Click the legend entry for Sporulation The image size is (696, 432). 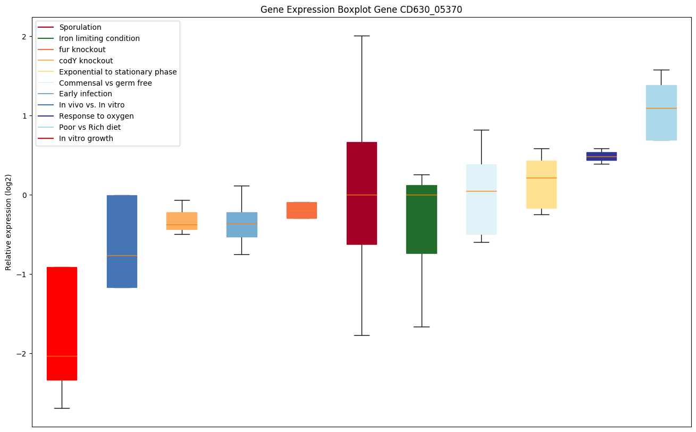tap(80, 27)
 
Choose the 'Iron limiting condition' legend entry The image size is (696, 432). tap(99, 38)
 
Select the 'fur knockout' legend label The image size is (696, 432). tap(82, 49)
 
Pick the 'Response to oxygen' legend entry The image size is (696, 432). tap(96, 116)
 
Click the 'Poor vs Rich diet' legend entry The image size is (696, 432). tap(90, 127)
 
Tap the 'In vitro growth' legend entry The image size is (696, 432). tap(86, 138)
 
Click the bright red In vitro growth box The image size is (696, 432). tap(62, 319)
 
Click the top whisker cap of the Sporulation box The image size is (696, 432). tap(362, 36)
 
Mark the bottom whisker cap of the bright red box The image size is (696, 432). tap(62, 408)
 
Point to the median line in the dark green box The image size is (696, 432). tap(422, 195)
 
